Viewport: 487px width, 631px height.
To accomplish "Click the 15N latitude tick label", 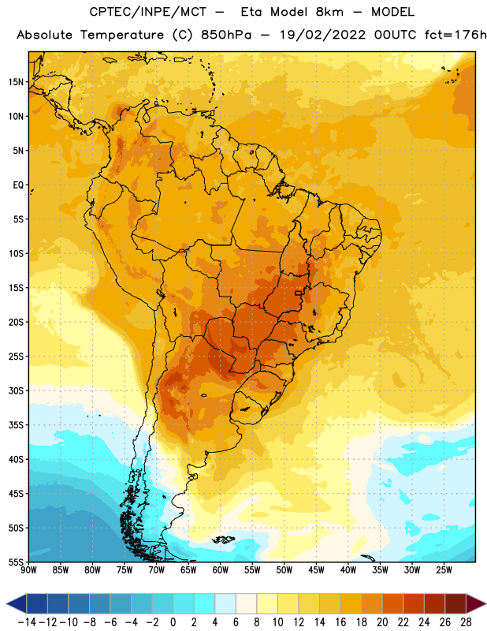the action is pyautogui.click(x=16, y=82).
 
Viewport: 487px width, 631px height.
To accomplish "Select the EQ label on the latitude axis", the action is pyautogui.click(x=18, y=185).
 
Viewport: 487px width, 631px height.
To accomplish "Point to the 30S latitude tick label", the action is pyautogui.click(x=16, y=390).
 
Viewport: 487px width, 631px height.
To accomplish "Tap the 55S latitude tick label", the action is pyautogui.click(x=16, y=562).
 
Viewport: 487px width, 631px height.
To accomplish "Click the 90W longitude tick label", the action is pyautogui.click(x=28, y=570).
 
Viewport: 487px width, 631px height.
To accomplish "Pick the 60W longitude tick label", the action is pyautogui.click(x=221, y=570).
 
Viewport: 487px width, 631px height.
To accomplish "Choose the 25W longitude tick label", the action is pyautogui.click(x=444, y=570).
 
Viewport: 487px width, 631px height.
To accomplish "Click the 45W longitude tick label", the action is pyautogui.click(x=316, y=570).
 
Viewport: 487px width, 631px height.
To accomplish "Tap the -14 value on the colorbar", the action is pyautogui.click(x=27, y=622).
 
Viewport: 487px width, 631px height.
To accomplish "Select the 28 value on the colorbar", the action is pyautogui.click(x=466, y=622).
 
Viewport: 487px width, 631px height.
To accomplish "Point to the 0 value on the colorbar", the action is pyautogui.click(x=173, y=622).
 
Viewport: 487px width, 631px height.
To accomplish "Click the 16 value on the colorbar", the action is pyautogui.click(x=340, y=622).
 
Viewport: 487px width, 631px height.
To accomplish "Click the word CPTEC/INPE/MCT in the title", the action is pyautogui.click(x=147, y=12).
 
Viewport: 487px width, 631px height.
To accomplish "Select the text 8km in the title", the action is pyautogui.click(x=329, y=12).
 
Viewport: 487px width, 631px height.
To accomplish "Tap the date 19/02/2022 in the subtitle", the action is pyautogui.click(x=322, y=35).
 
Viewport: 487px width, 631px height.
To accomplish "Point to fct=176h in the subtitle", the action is pyautogui.click(x=455, y=35).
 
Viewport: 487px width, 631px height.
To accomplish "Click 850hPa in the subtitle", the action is pyautogui.click(x=226, y=35).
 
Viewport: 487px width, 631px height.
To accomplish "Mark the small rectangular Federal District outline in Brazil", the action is pyautogui.click(x=299, y=293).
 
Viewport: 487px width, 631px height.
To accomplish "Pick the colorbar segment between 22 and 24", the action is pyautogui.click(x=414, y=604).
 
